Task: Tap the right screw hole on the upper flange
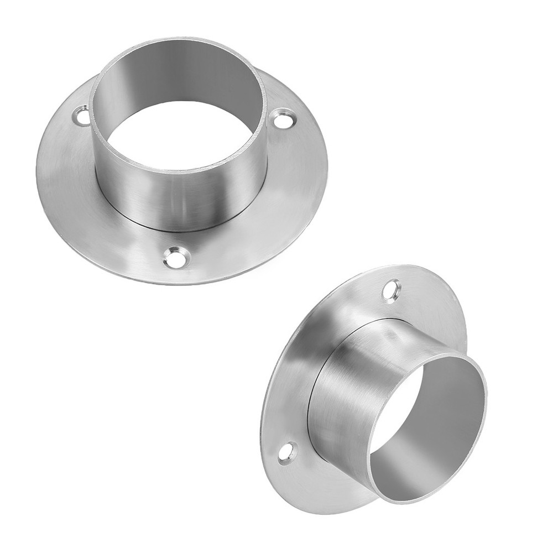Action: [284, 118]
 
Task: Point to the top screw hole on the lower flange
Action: [392, 290]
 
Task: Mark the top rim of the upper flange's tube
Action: [177, 40]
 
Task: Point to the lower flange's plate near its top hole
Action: [420, 299]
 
